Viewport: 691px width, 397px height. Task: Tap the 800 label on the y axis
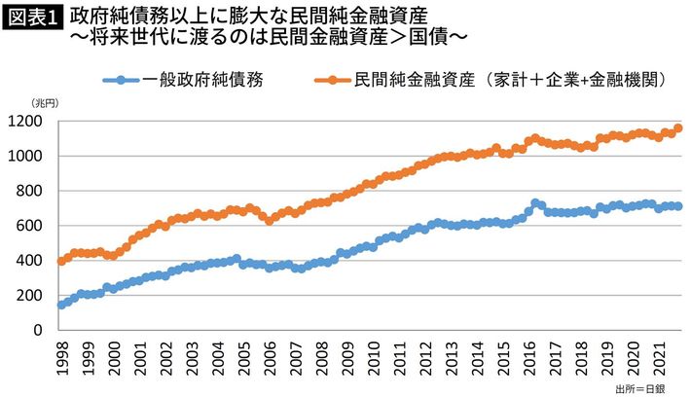pyautogui.click(x=37, y=191)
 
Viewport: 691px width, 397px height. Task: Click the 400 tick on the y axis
pyautogui.click(x=37, y=261)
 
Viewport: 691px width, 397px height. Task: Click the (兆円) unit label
pyautogui.click(x=45, y=102)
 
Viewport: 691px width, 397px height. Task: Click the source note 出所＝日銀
pyautogui.click(x=639, y=388)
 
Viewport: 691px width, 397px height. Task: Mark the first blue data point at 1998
pyautogui.click(x=61, y=305)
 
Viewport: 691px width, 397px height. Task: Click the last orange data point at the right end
pyautogui.click(x=677, y=128)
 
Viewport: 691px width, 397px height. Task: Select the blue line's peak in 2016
pyautogui.click(x=535, y=203)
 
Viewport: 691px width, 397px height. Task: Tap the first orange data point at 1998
pyautogui.click(x=61, y=261)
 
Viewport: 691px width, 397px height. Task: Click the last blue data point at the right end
pyautogui.click(x=677, y=206)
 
